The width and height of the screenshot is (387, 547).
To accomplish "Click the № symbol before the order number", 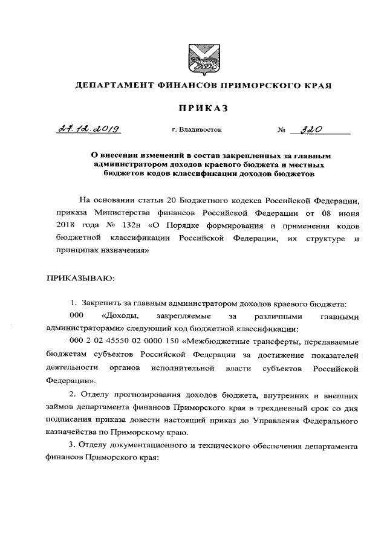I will (x=281, y=130).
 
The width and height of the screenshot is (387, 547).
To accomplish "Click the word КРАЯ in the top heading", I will (x=317, y=85).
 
